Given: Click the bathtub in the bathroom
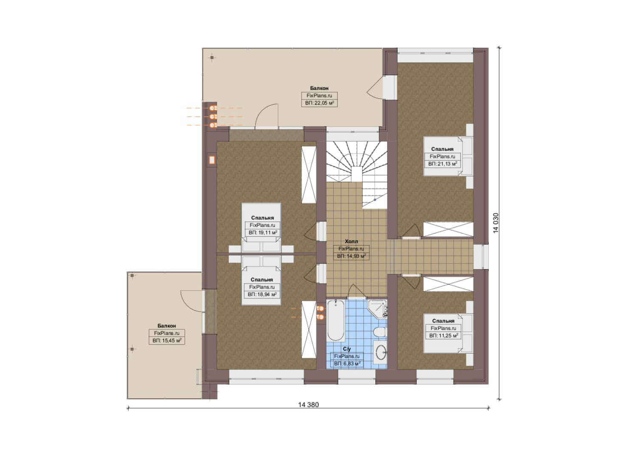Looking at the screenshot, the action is click(x=336, y=321).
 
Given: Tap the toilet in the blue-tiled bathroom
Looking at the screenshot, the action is click(x=380, y=332).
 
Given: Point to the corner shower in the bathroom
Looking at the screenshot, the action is click(x=378, y=309).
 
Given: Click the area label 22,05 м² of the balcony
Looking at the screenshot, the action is click(x=319, y=103).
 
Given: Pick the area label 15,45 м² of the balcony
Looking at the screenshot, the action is click(x=167, y=341).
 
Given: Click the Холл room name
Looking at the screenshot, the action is click(x=351, y=241).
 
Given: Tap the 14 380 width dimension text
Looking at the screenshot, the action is click(x=308, y=405).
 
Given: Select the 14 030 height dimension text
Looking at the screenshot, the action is click(x=496, y=223).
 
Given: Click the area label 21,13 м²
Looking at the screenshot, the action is click(x=443, y=164).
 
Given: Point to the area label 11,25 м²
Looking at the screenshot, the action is click(x=443, y=336).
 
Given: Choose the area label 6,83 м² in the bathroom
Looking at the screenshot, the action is click(x=347, y=364).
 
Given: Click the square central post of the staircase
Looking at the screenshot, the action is click(x=357, y=174).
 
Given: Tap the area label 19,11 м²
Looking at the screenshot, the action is click(x=263, y=232).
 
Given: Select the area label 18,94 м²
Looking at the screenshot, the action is click(x=262, y=295).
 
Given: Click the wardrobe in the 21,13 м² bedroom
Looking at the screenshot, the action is click(x=448, y=229).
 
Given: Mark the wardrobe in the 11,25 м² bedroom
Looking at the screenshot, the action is click(x=448, y=284).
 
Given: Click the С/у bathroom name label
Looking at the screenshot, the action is click(x=347, y=349).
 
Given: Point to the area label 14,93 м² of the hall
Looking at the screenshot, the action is click(x=351, y=256).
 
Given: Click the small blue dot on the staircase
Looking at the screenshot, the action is click(x=375, y=200).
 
